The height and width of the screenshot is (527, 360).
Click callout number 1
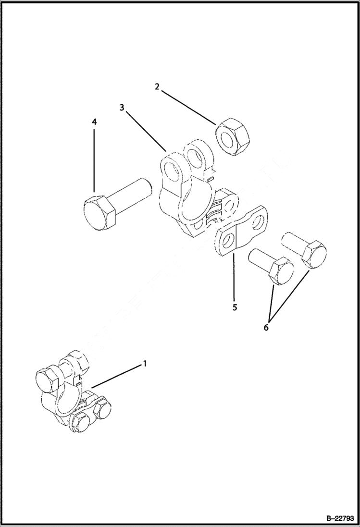point(144,364)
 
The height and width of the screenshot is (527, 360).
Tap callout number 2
point(157,87)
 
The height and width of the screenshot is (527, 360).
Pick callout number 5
point(234,307)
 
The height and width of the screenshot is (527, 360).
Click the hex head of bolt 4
point(98,212)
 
